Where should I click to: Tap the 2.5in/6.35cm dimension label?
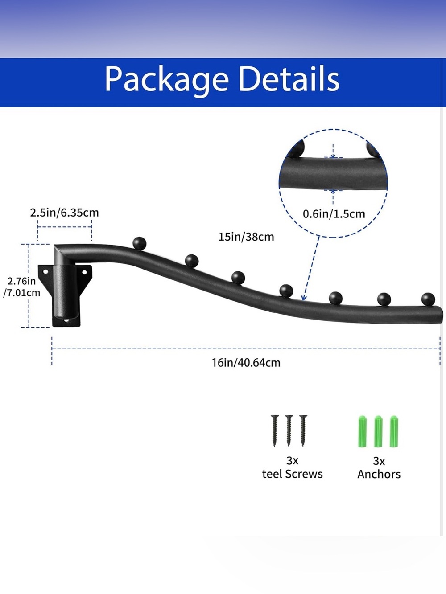point(65,213)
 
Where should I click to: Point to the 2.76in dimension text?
point(21,281)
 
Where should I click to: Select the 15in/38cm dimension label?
point(246,237)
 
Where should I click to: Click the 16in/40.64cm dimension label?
point(246,363)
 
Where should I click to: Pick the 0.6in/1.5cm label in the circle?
point(334,214)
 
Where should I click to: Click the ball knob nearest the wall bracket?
point(140,243)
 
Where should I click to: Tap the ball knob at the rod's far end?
point(428,299)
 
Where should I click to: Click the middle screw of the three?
point(289,430)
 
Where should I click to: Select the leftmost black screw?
point(275,430)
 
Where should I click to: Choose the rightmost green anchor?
point(394,431)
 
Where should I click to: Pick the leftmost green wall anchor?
point(362,431)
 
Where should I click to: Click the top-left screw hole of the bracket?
point(45,271)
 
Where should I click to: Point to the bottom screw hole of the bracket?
point(66,321)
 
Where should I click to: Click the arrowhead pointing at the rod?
point(304,298)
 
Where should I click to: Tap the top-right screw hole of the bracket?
point(84,272)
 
